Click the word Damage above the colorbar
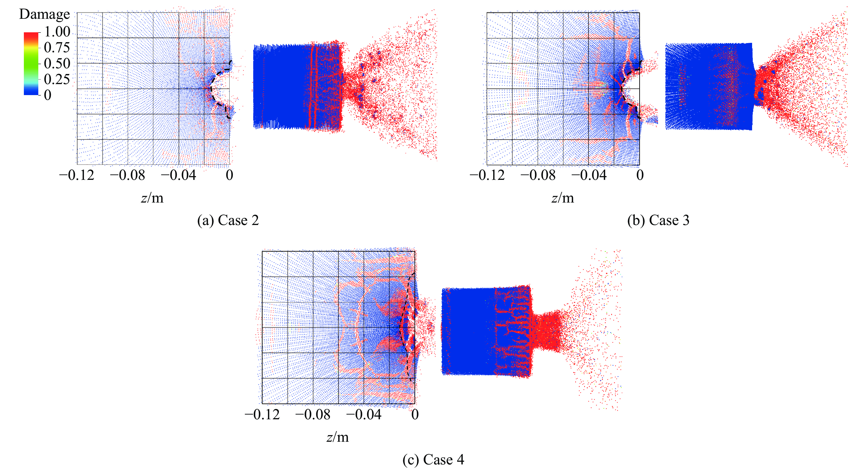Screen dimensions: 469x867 pyautogui.click(x=44, y=14)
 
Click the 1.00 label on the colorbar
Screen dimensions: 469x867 pyautogui.click(x=57, y=32)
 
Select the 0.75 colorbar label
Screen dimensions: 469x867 pyautogui.click(x=57, y=48)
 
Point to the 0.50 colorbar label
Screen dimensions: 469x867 pyautogui.click(x=57, y=63)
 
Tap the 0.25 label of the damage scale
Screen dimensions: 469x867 pyautogui.click(x=57, y=79)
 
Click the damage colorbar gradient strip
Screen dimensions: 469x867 pyautogui.click(x=31, y=63)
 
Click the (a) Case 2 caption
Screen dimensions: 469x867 pyautogui.click(x=228, y=221)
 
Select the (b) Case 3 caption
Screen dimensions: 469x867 pyautogui.click(x=658, y=221)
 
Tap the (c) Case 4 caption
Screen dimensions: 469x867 pyautogui.click(x=433, y=460)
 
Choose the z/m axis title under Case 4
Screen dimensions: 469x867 pyautogui.click(x=338, y=437)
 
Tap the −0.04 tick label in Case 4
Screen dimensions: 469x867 pyautogui.click(x=364, y=414)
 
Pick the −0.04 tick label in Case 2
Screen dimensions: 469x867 pyautogui.click(x=178, y=175)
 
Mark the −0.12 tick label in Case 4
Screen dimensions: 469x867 pyautogui.click(x=262, y=414)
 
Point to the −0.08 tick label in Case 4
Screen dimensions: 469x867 pyautogui.click(x=313, y=414)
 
